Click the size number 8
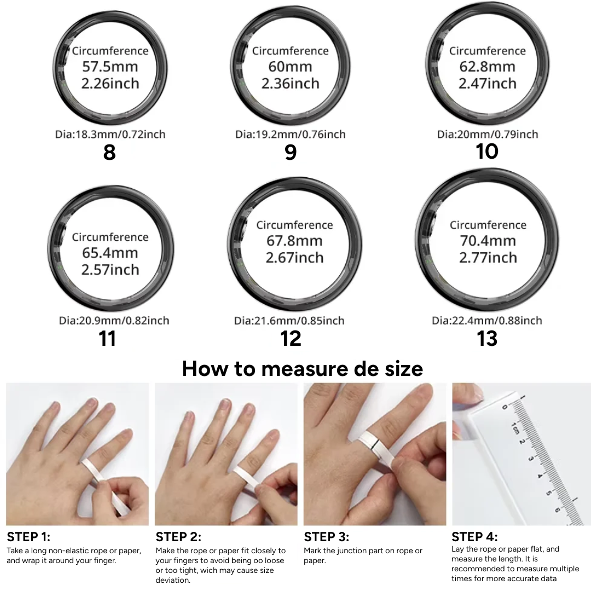109,152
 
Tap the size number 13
487,338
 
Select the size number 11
108,338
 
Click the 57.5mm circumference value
110,67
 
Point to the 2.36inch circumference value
290,84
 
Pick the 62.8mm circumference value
487,67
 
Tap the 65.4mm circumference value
110,253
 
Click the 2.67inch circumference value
294,258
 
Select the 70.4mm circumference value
487,241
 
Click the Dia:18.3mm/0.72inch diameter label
110,134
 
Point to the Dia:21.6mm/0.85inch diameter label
289,321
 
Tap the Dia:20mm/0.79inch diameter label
487,134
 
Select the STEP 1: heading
28,537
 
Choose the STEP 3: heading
326,537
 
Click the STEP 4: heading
474,537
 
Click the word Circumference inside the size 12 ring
294,225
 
